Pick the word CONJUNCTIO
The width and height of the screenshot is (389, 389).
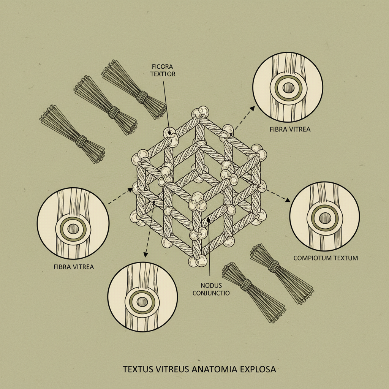click(x=211, y=293)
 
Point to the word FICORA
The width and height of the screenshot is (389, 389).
click(x=163, y=66)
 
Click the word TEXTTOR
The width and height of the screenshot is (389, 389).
click(x=163, y=74)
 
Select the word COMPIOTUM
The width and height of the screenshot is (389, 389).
click(x=312, y=258)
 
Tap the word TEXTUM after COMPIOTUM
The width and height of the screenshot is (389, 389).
click(x=345, y=258)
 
